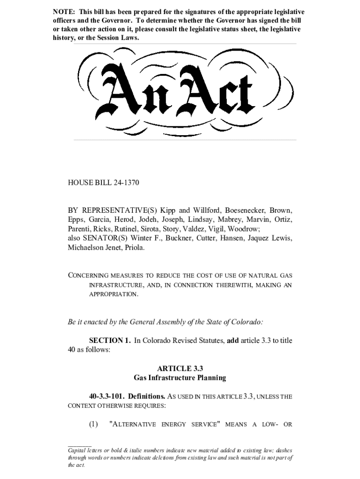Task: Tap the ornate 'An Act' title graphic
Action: [x=180, y=92]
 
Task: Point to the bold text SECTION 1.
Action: [x=110, y=341]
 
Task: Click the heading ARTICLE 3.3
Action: [x=180, y=368]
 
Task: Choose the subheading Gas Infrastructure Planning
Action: [x=180, y=377]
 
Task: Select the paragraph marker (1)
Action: [x=94, y=424]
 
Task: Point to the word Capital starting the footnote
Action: [x=77, y=450]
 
